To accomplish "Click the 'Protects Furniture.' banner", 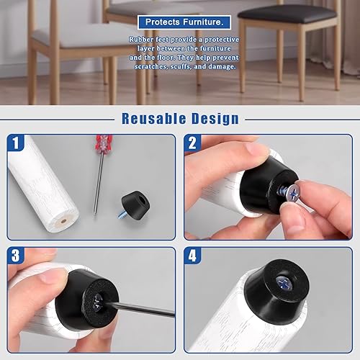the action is pos(184,22).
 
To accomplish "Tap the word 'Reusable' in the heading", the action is pos(154,119).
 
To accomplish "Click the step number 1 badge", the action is pos(16,143).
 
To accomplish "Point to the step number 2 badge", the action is pos(192,143).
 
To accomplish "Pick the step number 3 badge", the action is pos(16,256).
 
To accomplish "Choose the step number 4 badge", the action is pos(192,256).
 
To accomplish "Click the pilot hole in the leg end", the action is pos(63,221).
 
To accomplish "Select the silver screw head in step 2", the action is pos(294,194).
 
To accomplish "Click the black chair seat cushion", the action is pos(287,14).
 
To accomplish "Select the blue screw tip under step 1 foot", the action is pos(122,214).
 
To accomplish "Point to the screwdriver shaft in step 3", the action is pos(139,309).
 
